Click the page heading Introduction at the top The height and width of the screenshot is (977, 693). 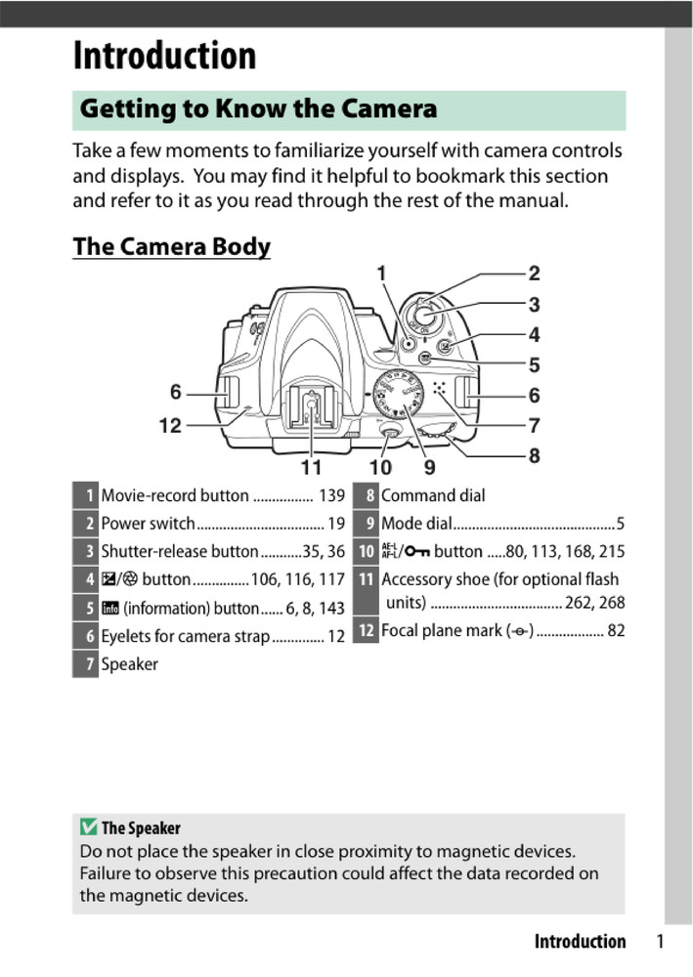tap(164, 57)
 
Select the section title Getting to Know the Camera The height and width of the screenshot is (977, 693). tap(258, 109)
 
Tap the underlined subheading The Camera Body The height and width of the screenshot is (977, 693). tap(171, 246)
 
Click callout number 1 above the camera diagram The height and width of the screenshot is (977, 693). tap(382, 274)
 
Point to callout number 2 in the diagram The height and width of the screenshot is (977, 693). tap(534, 274)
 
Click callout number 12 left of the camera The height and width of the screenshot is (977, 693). tap(170, 426)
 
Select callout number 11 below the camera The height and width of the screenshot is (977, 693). tap(311, 467)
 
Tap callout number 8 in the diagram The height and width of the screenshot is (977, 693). tap(534, 456)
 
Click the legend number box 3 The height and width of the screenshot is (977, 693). tap(87, 551)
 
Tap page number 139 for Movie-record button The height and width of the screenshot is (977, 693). tap(331, 495)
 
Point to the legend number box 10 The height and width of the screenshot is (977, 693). tap(367, 551)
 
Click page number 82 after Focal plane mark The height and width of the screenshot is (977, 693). tap(616, 630)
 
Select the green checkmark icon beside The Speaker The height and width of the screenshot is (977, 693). tap(89, 828)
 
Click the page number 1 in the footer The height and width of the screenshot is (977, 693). tap(660, 942)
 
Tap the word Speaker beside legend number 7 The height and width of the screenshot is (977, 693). tap(130, 664)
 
